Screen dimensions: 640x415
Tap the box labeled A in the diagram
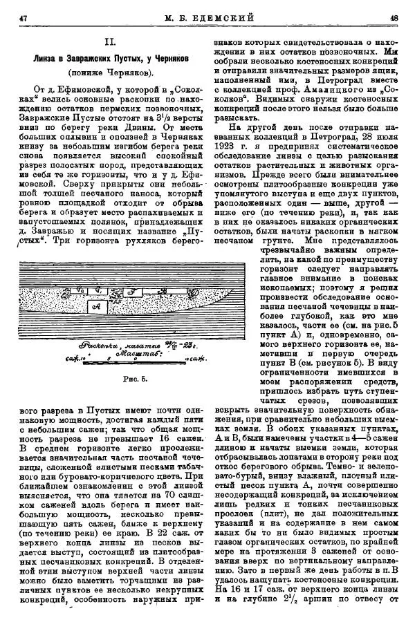coord(96,305)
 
